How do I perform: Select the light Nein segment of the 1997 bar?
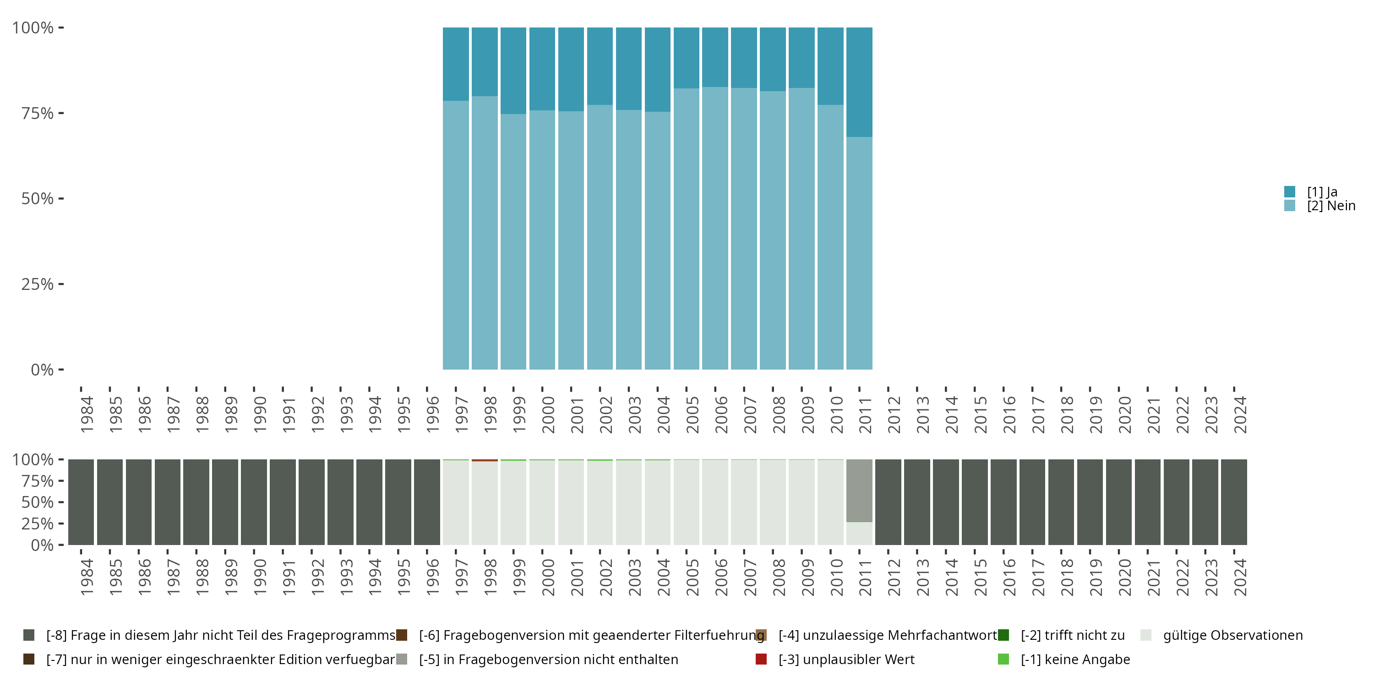[456, 234]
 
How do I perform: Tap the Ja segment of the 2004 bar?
[657, 69]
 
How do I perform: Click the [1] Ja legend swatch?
[1290, 191]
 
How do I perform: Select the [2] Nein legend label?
[1331, 206]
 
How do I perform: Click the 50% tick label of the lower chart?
[38, 502]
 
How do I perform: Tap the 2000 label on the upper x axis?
[548, 415]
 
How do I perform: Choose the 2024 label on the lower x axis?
[1241, 577]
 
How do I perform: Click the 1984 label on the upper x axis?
[87, 415]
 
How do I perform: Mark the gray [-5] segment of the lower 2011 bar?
[859, 490]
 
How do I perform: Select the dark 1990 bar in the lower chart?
[253, 502]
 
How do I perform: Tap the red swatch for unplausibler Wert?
[761, 659]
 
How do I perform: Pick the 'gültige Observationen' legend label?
[1232, 635]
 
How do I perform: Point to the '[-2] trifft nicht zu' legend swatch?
[1003, 635]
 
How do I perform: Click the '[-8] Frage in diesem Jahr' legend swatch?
[29, 635]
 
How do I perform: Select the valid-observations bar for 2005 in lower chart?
[686, 502]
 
